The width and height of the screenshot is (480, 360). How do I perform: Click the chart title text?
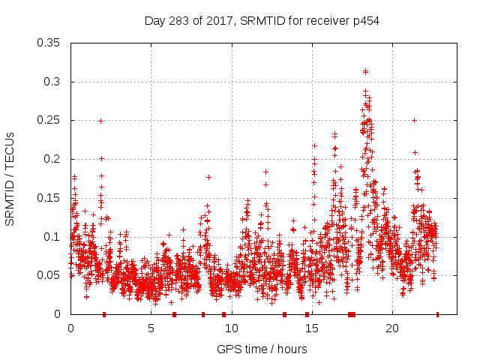tap(262, 20)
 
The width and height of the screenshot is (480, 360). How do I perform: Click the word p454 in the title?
tap(366, 20)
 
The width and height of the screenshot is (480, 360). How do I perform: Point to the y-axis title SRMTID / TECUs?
tap(10, 178)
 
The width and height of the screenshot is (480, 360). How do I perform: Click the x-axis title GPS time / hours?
tap(262, 349)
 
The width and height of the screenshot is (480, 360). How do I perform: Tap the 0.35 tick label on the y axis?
tap(50, 43)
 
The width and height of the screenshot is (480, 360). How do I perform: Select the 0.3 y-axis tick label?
tap(54, 82)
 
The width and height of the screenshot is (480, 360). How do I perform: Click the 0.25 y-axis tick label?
tap(50, 120)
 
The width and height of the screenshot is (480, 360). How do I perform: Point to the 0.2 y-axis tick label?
tap(54, 159)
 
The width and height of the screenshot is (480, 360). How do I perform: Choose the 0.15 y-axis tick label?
tap(50, 198)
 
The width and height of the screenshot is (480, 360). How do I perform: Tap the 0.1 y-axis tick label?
tap(54, 237)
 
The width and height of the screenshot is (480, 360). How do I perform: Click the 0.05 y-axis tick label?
tap(50, 275)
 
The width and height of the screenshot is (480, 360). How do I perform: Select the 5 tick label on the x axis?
tap(151, 328)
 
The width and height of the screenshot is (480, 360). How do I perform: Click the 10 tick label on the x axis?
tap(231, 328)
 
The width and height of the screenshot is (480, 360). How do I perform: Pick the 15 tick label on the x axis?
tap(311, 328)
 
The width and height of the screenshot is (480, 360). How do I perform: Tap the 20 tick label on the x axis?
tap(391, 328)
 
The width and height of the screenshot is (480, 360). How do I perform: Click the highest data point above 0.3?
tap(365, 71)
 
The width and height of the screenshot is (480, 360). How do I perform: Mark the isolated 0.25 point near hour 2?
tap(100, 121)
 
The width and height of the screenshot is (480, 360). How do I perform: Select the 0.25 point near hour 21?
tap(414, 120)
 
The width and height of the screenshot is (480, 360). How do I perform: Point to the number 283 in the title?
tap(178, 20)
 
